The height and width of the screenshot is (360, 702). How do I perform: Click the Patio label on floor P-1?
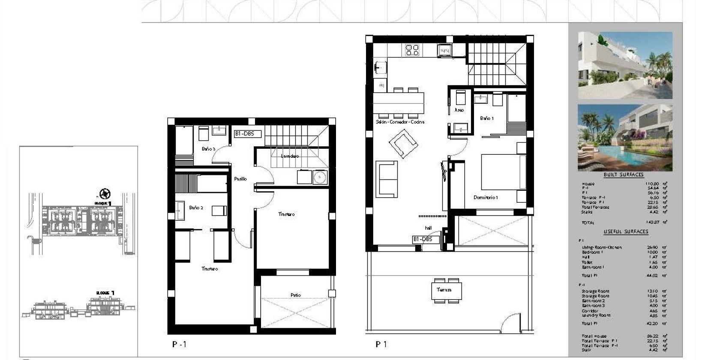pyautogui.click(x=295, y=295)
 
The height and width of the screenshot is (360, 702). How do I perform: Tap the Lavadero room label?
pyautogui.click(x=290, y=156)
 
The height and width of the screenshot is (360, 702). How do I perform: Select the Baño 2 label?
pyautogui.click(x=196, y=208)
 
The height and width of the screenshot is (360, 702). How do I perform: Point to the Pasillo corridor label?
pyautogui.click(x=240, y=179)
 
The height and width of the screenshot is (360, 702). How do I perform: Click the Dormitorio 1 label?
pyautogui.click(x=486, y=198)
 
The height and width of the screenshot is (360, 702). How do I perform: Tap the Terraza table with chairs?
pyautogui.click(x=446, y=290)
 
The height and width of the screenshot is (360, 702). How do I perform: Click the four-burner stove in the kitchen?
pyautogui.click(x=412, y=50)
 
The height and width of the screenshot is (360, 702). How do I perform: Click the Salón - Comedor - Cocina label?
pyautogui.click(x=400, y=122)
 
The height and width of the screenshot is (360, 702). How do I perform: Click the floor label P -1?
pyautogui.click(x=179, y=344)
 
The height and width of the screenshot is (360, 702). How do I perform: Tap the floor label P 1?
pyautogui.click(x=381, y=344)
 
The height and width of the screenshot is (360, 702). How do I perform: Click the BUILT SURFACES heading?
pyautogui.click(x=624, y=174)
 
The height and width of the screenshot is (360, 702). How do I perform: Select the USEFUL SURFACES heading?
pyautogui.click(x=626, y=231)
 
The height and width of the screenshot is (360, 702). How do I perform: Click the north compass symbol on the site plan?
pyautogui.click(x=104, y=194)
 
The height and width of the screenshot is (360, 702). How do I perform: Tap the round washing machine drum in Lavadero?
pyautogui.click(x=319, y=177)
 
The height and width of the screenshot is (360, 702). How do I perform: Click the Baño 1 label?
pyautogui.click(x=486, y=118)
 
